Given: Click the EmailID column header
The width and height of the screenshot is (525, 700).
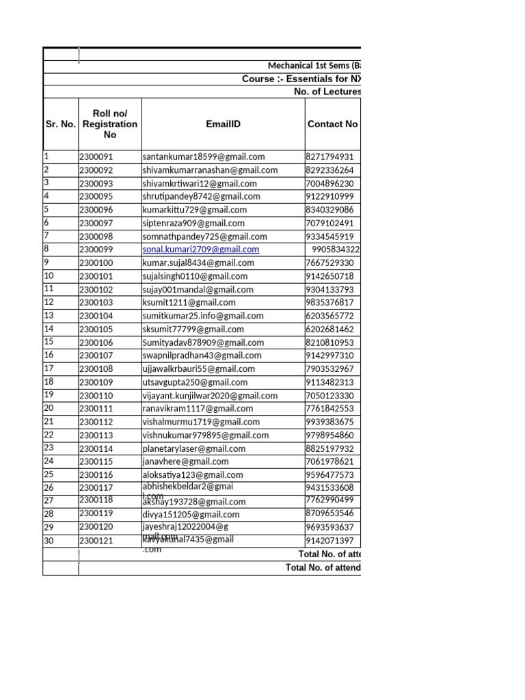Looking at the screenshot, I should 224,124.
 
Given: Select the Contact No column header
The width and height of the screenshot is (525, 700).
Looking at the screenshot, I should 332,124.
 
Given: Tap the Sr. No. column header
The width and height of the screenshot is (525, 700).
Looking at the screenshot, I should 60,124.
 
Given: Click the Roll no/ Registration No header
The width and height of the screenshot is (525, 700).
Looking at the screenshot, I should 109,124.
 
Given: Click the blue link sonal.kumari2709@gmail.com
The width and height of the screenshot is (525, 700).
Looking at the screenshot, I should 201,250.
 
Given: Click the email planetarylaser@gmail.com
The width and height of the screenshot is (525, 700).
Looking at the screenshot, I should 194,449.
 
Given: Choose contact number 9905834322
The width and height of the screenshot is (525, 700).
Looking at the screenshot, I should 336,250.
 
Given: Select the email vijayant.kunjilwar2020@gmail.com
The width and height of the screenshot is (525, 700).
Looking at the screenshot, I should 210,396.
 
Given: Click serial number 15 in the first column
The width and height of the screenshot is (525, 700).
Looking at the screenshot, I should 49,342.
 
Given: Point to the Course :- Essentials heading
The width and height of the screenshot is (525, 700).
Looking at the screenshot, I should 301,79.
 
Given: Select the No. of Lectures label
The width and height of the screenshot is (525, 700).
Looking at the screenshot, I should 327,92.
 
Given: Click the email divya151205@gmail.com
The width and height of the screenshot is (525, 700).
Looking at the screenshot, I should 191,515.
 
